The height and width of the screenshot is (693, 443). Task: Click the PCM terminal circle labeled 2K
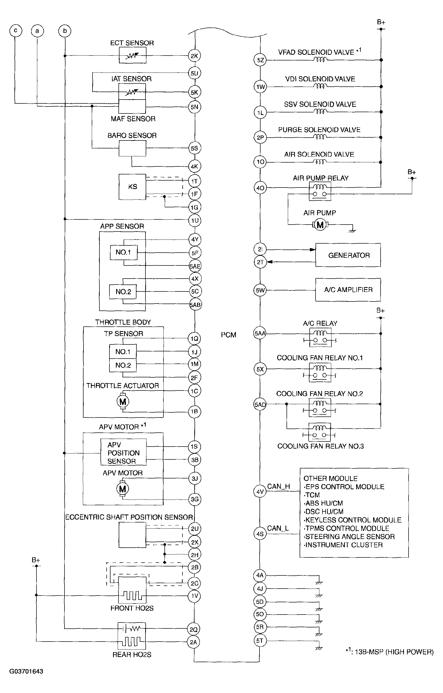click(x=194, y=56)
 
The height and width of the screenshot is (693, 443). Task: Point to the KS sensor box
click(x=132, y=187)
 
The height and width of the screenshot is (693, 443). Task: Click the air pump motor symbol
click(x=320, y=225)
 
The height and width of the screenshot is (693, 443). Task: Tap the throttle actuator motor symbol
click(x=123, y=402)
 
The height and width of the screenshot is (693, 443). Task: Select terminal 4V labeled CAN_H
click(x=260, y=492)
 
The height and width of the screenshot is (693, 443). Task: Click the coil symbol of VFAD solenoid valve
click(x=320, y=60)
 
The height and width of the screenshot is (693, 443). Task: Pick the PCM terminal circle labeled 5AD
click(x=260, y=405)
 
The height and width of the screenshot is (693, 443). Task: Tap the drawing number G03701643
click(x=26, y=671)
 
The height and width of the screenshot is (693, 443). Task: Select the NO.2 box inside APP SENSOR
click(x=123, y=292)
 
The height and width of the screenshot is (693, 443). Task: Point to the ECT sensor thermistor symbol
click(x=132, y=55)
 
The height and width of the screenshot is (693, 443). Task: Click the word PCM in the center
click(x=228, y=335)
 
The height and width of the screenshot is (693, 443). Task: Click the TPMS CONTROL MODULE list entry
click(x=347, y=528)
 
